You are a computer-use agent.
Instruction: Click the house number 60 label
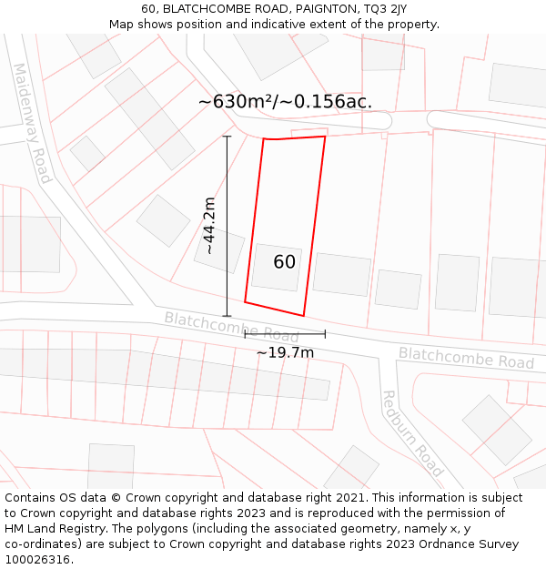pyautogui.click(x=285, y=262)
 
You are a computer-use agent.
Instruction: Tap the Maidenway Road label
pyautogui.click(x=32, y=123)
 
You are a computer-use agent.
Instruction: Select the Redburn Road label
pyautogui.click(x=412, y=433)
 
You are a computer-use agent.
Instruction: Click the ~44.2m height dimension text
pyautogui.click(x=209, y=225)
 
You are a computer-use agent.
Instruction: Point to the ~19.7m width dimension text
pyautogui.click(x=285, y=352)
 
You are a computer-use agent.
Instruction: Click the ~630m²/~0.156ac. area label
pyautogui.click(x=285, y=101)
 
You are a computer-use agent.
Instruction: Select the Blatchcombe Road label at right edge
pyautogui.click(x=466, y=358)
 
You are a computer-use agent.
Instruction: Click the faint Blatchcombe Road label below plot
pyautogui.click(x=231, y=327)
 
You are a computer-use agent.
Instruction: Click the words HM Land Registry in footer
pyautogui.click(x=55, y=529)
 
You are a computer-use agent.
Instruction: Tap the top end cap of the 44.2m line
pyautogui.click(x=227, y=137)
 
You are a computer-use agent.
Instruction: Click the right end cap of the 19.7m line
pyautogui.click(x=325, y=334)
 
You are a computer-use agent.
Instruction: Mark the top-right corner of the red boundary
pyautogui.click(x=325, y=137)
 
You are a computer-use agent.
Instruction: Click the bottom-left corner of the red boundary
pyautogui.click(x=245, y=301)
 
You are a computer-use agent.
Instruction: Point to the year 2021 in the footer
pyautogui.click(x=352, y=498)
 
